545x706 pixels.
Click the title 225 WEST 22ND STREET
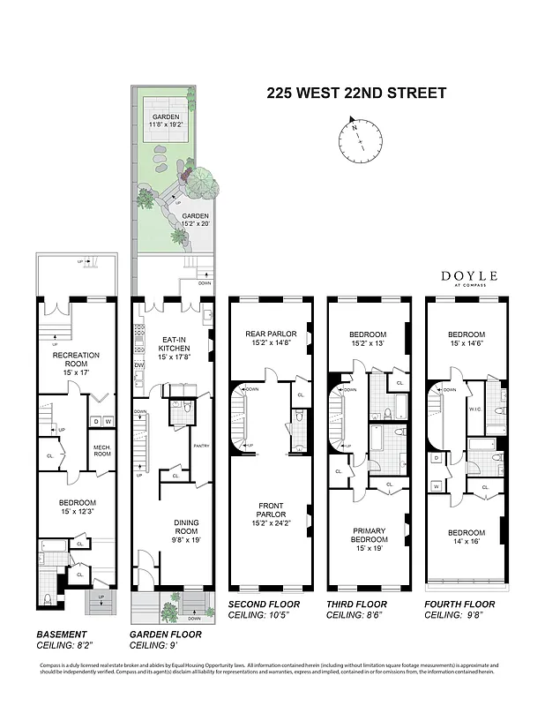click(x=356, y=93)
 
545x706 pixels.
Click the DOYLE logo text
click(x=469, y=277)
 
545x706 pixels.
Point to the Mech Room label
click(x=101, y=451)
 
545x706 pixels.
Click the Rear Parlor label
click(x=269, y=338)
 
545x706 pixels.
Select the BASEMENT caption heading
click(x=61, y=634)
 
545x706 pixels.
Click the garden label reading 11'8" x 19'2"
click(x=165, y=121)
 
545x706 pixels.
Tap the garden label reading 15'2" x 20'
click(x=195, y=220)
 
